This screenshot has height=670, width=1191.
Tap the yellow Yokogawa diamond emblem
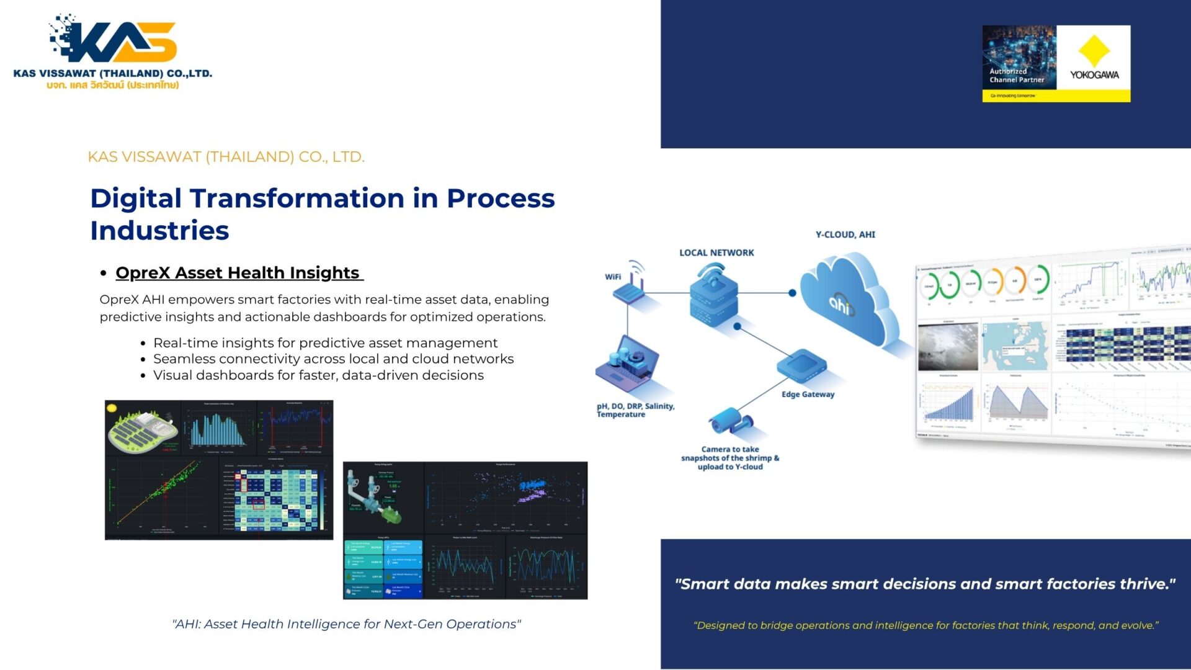coord(1094,51)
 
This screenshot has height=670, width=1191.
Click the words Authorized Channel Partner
coord(1017,76)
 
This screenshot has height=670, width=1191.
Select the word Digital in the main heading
coord(136,199)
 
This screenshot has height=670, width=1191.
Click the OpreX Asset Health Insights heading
coord(238,273)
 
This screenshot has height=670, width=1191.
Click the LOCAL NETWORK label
coord(716,253)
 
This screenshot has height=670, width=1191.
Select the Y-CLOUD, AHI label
coord(845,234)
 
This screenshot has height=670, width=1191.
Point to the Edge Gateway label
coord(808,395)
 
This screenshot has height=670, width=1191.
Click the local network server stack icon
coord(713,298)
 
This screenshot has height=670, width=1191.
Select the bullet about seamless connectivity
coord(333,359)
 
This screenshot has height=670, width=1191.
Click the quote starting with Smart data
coord(925,584)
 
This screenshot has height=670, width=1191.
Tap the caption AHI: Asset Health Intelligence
coord(346,624)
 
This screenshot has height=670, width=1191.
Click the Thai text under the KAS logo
coord(113,85)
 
